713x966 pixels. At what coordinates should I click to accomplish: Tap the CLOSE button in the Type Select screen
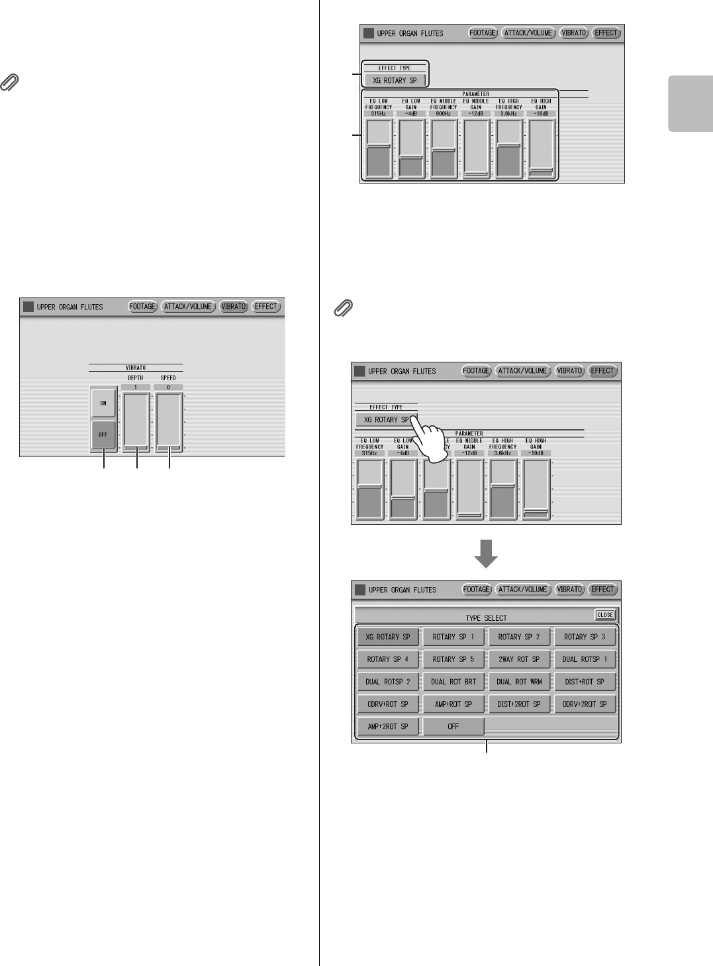pyautogui.click(x=605, y=615)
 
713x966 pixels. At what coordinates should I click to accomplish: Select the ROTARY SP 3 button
pyautogui.click(x=585, y=637)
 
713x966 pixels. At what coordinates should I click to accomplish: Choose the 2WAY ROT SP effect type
pyautogui.click(x=519, y=659)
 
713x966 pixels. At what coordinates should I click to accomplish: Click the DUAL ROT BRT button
pyautogui.click(x=453, y=682)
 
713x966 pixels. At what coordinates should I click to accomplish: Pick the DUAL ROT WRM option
pyautogui.click(x=519, y=682)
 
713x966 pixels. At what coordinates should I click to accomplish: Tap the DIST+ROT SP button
pyautogui.click(x=585, y=682)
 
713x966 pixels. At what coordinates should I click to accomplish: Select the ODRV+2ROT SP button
pyautogui.click(x=585, y=704)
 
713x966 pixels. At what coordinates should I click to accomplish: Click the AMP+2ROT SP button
pyautogui.click(x=388, y=727)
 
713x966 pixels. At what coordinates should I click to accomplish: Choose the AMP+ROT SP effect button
pyautogui.click(x=453, y=704)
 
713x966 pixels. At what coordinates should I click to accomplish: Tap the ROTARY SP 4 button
pyautogui.click(x=388, y=659)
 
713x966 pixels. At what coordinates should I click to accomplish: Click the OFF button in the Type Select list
pyautogui.click(x=453, y=727)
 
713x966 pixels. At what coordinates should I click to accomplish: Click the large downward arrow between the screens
pyautogui.click(x=487, y=553)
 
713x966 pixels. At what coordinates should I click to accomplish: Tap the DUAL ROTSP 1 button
pyautogui.click(x=585, y=659)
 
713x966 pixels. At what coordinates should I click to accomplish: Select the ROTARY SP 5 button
pyautogui.click(x=453, y=659)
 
